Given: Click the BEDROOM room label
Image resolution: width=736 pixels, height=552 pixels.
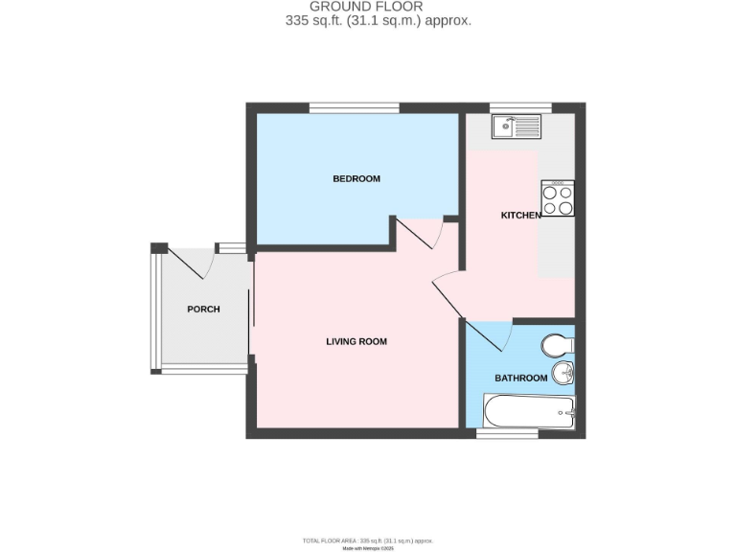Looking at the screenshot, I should pyautogui.click(x=356, y=179).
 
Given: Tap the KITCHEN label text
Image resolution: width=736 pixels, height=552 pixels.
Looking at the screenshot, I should pyautogui.click(x=521, y=216).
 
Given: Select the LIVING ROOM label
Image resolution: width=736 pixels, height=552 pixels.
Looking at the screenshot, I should pyautogui.click(x=356, y=341).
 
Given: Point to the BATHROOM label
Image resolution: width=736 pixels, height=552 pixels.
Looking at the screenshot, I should pyautogui.click(x=520, y=379).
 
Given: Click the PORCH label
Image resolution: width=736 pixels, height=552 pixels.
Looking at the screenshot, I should pyautogui.click(x=203, y=310).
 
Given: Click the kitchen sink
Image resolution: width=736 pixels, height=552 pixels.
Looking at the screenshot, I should pyautogui.click(x=516, y=126).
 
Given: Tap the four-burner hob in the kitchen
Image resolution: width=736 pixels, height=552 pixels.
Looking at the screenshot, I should pyautogui.click(x=558, y=198).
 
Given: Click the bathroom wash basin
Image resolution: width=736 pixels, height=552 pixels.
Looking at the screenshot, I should pyautogui.click(x=563, y=373).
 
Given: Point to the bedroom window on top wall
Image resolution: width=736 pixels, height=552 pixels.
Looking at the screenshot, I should pyautogui.click(x=354, y=107).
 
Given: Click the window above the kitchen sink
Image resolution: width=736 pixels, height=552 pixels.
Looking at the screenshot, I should pyautogui.click(x=520, y=107).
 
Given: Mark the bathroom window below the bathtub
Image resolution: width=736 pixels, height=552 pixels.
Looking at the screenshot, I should pyautogui.click(x=507, y=433).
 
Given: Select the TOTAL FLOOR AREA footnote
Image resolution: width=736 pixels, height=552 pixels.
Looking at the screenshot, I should pyautogui.click(x=367, y=540).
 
